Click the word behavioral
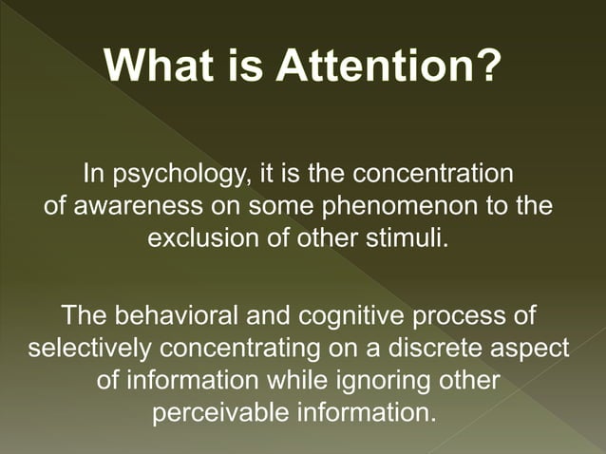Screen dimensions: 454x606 click(180, 314)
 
